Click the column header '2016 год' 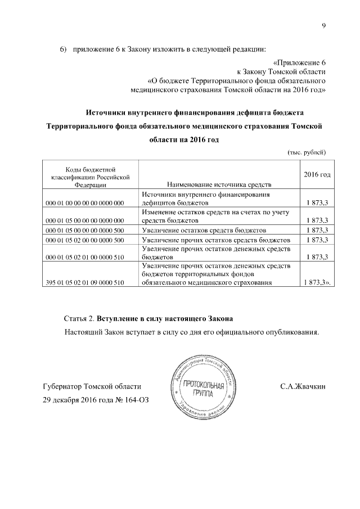coord(317,175)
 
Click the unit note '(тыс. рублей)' coord(307,152)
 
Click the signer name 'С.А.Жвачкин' coord(303,387)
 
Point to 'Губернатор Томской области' coord(92,387)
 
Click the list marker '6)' coord(64,50)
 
